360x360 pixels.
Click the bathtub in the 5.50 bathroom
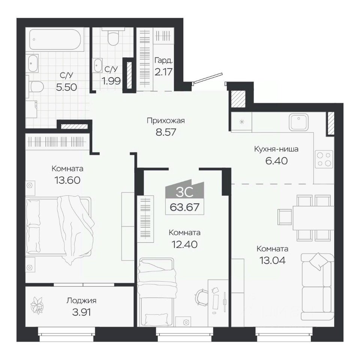[55, 39]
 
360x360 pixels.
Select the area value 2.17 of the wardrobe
[163, 72]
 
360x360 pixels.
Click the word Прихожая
[166, 120]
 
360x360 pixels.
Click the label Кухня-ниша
[276, 149]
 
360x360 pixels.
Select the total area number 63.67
[184, 207]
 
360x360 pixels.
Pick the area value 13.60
[67, 180]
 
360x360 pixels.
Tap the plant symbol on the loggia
[37, 305]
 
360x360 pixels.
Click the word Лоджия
[81, 300]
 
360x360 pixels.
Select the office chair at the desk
[201, 297]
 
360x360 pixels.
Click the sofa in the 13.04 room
[318, 286]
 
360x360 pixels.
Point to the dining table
[313, 218]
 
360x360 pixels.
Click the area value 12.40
[184, 244]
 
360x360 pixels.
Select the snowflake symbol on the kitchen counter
[241, 121]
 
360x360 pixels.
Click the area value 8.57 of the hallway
[166, 132]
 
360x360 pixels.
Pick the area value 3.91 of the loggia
[81, 312]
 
